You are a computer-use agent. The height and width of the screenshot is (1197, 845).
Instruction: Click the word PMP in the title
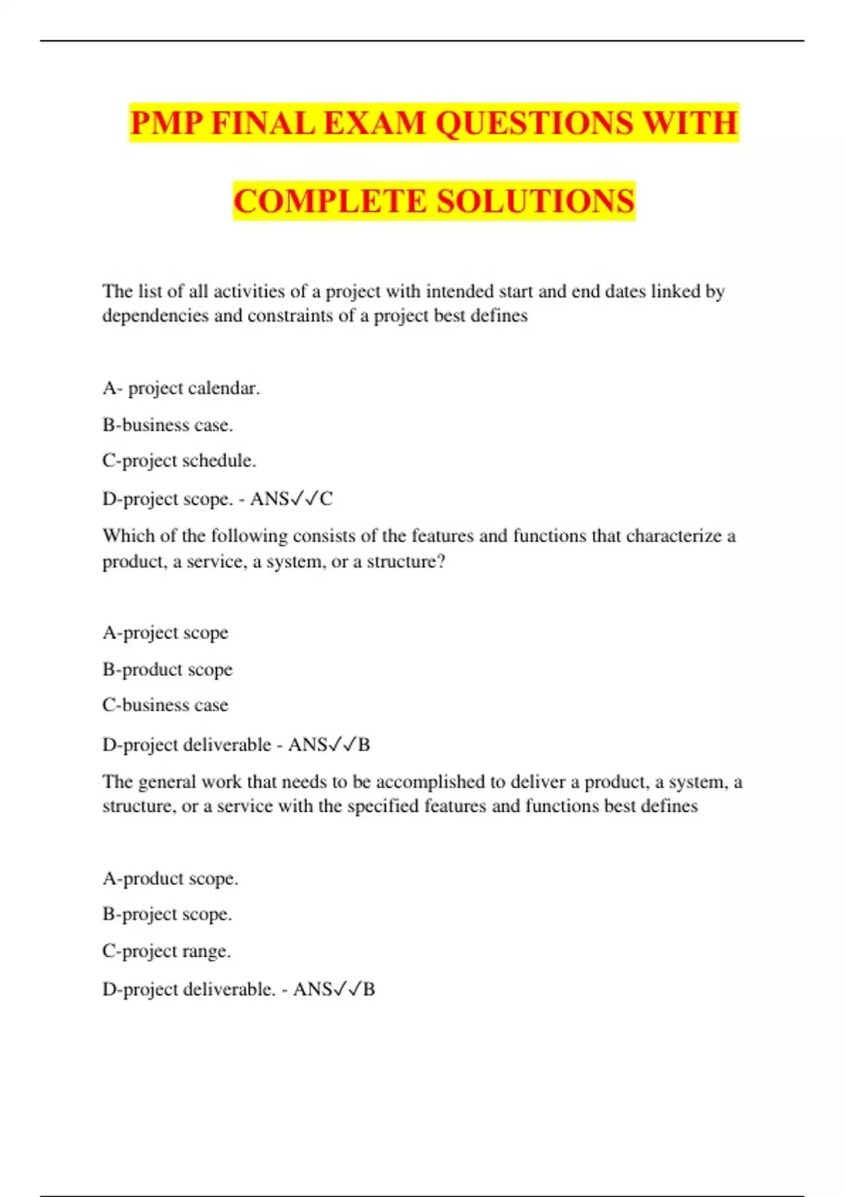point(166,123)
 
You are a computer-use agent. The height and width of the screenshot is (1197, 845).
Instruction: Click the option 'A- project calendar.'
point(181,388)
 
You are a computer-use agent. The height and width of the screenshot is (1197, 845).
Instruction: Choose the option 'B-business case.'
point(168,425)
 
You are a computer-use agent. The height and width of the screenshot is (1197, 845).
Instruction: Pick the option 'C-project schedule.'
point(179,460)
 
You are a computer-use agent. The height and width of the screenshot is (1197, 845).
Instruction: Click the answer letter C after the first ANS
point(326,499)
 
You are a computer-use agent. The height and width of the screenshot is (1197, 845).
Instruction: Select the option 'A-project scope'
point(165,632)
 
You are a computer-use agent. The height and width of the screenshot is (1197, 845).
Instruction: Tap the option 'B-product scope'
point(168,669)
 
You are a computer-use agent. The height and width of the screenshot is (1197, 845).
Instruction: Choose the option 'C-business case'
point(165,705)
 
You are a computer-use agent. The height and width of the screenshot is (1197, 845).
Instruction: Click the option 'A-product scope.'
point(170,879)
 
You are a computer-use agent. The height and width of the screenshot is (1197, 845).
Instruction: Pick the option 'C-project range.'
point(167,951)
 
